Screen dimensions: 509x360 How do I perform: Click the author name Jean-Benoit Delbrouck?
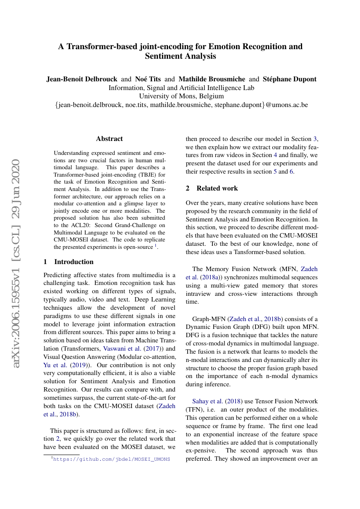point(82,79)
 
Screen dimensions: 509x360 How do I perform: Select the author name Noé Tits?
point(148,79)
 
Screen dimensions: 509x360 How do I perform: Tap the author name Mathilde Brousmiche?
point(212,79)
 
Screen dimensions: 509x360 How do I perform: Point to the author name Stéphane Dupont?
point(289,79)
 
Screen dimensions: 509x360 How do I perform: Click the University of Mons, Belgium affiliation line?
point(181,96)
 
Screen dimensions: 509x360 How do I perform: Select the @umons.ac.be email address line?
point(181,105)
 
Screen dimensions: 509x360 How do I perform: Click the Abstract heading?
point(109,139)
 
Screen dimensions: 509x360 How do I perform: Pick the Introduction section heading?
point(74,262)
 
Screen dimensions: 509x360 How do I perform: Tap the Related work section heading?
point(217,188)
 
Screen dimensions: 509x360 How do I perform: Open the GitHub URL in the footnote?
point(111,459)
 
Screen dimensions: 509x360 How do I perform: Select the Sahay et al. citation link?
point(205,401)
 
